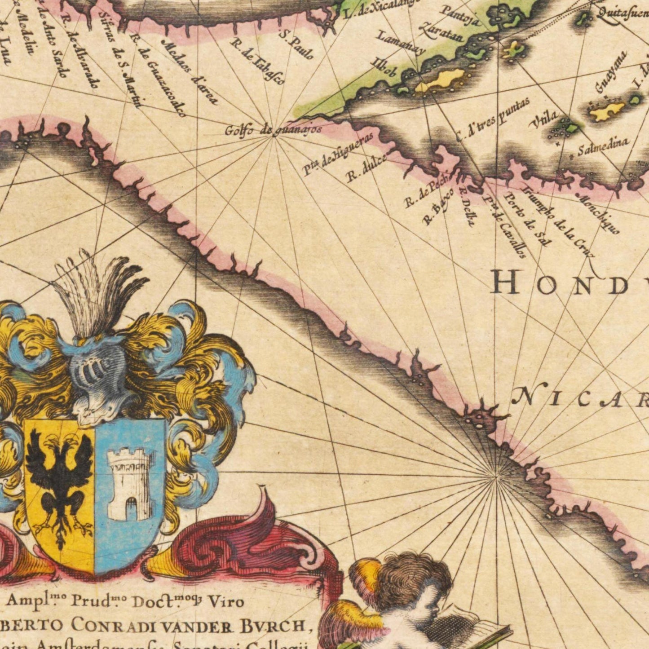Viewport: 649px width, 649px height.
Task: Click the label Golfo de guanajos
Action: [x=273, y=130]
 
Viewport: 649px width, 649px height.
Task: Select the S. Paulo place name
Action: [x=296, y=44]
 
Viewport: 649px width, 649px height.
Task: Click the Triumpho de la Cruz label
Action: [x=558, y=220]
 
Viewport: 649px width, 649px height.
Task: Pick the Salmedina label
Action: [x=603, y=146]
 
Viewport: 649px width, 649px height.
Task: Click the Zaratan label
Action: [x=441, y=31]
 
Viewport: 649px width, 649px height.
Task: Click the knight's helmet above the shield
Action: [x=97, y=375]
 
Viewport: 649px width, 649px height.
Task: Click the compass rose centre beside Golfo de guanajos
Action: [x=273, y=137]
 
